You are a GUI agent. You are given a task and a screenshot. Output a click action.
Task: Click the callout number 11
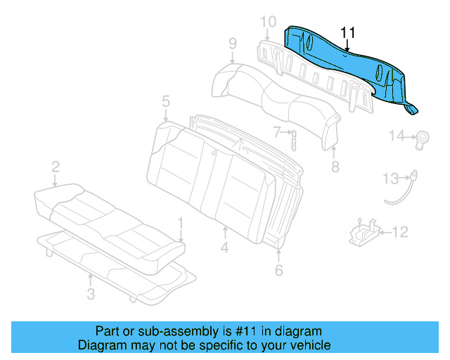click(x=348, y=33)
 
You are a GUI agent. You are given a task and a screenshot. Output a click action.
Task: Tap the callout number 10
click(x=268, y=22)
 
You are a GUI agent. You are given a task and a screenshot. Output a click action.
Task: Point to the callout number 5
click(x=165, y=101)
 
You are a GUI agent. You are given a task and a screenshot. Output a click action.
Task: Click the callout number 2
click(x=55, y=167)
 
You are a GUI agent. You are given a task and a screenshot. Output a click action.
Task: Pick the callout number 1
click(x=181, y=223)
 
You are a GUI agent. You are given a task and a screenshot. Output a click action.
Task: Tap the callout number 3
click(x=91, y=294)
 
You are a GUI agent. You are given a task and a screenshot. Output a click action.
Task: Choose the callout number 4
click(x=224, y=247)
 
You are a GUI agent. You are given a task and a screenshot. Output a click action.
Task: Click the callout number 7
click(x=277, y=131)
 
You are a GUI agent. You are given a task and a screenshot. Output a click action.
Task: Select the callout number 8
click(x=335, y=167)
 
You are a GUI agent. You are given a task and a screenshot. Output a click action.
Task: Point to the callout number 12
click(x=399, y=231)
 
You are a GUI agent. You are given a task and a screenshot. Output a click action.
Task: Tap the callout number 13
click(x=390, y=179)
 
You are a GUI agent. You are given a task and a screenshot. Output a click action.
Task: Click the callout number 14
click(x=397, y=136)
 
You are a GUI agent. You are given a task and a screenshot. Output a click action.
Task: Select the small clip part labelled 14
click(x=424, y=137)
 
